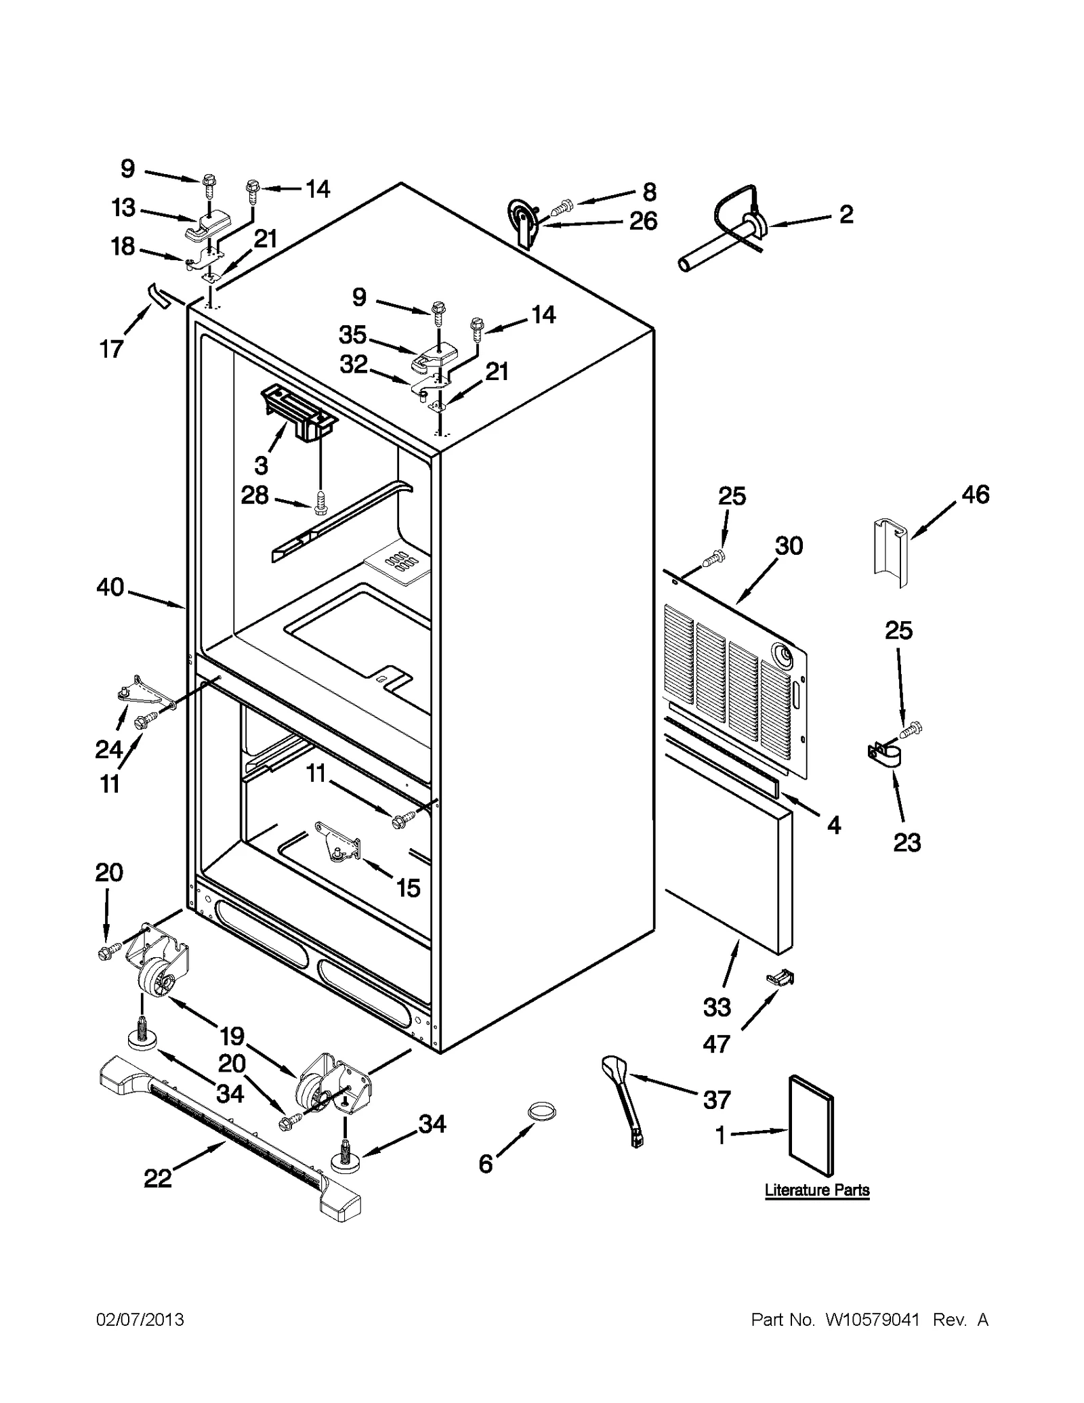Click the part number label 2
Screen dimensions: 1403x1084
pos(846,215)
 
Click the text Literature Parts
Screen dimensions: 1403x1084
pos(816,1190)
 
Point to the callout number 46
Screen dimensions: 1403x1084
pos(975,494)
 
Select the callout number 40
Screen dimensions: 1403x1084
pos(110,587)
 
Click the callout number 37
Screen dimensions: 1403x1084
pos(716,1100)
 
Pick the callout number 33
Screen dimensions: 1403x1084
pos(717,1007)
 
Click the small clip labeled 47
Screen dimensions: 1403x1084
pos(780,978)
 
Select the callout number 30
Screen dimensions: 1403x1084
pos(789,545)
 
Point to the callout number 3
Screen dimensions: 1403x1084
pos(261,465)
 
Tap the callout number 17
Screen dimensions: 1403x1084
pos(111,349)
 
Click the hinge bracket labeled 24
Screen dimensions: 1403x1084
pos(144,690)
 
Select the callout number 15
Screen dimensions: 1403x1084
pos(408,887)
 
